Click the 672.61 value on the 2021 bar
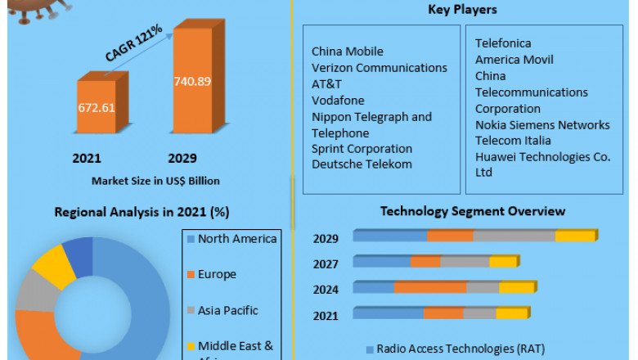click(x=97, y=108)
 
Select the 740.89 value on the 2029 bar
click(x=192, y=80)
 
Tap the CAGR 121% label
click(x=133, y=43)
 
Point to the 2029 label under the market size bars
click(x=182, y=158)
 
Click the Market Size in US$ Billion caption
click(x=155, y=180)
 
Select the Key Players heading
click(x=462, y=10)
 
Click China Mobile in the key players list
click(x=348, y=52)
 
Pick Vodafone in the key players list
click(x=338, y=101)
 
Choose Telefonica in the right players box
click(x=503, y=43)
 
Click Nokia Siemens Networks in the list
click(x=542, y=125)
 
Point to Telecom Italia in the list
click(x=514, y=142)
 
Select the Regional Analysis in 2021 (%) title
click(x=142, y=212)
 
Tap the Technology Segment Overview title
click(x=472, y=212)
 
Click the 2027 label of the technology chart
click(x=326, y=263)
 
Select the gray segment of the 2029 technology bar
click(x=514, y=236)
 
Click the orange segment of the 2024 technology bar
click(x=430, y=288)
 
